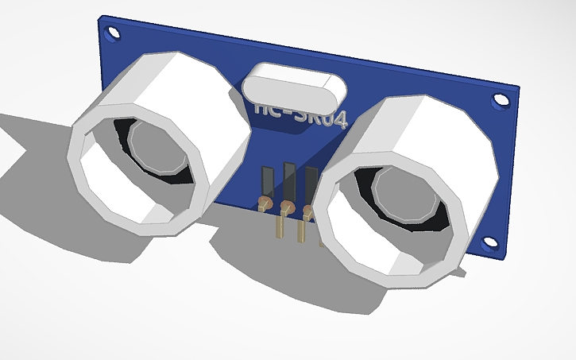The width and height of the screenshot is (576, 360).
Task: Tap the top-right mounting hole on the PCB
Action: [500, 101]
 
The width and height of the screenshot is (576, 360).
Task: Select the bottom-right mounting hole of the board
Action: [493, 243]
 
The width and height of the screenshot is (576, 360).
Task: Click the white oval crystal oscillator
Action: [294, 86]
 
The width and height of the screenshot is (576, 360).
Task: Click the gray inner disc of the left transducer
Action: [158, 148]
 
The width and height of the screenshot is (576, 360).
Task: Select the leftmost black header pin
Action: [268, 184]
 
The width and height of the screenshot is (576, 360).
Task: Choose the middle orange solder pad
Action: [288, 209]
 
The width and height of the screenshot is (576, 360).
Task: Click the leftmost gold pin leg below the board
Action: [280, 226]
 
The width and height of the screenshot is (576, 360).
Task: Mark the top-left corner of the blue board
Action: [101, 17]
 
